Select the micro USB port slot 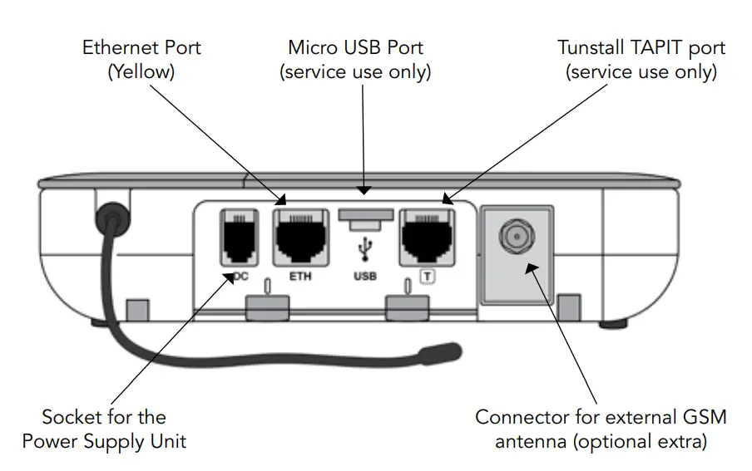pyautogui.click(x=364, y=218)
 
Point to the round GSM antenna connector pyautogui.click(x=517, y=238)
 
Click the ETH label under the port pyautogui.click(x=300, y=276)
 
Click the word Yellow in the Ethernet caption pyautogui.click(x=141, y=71)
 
